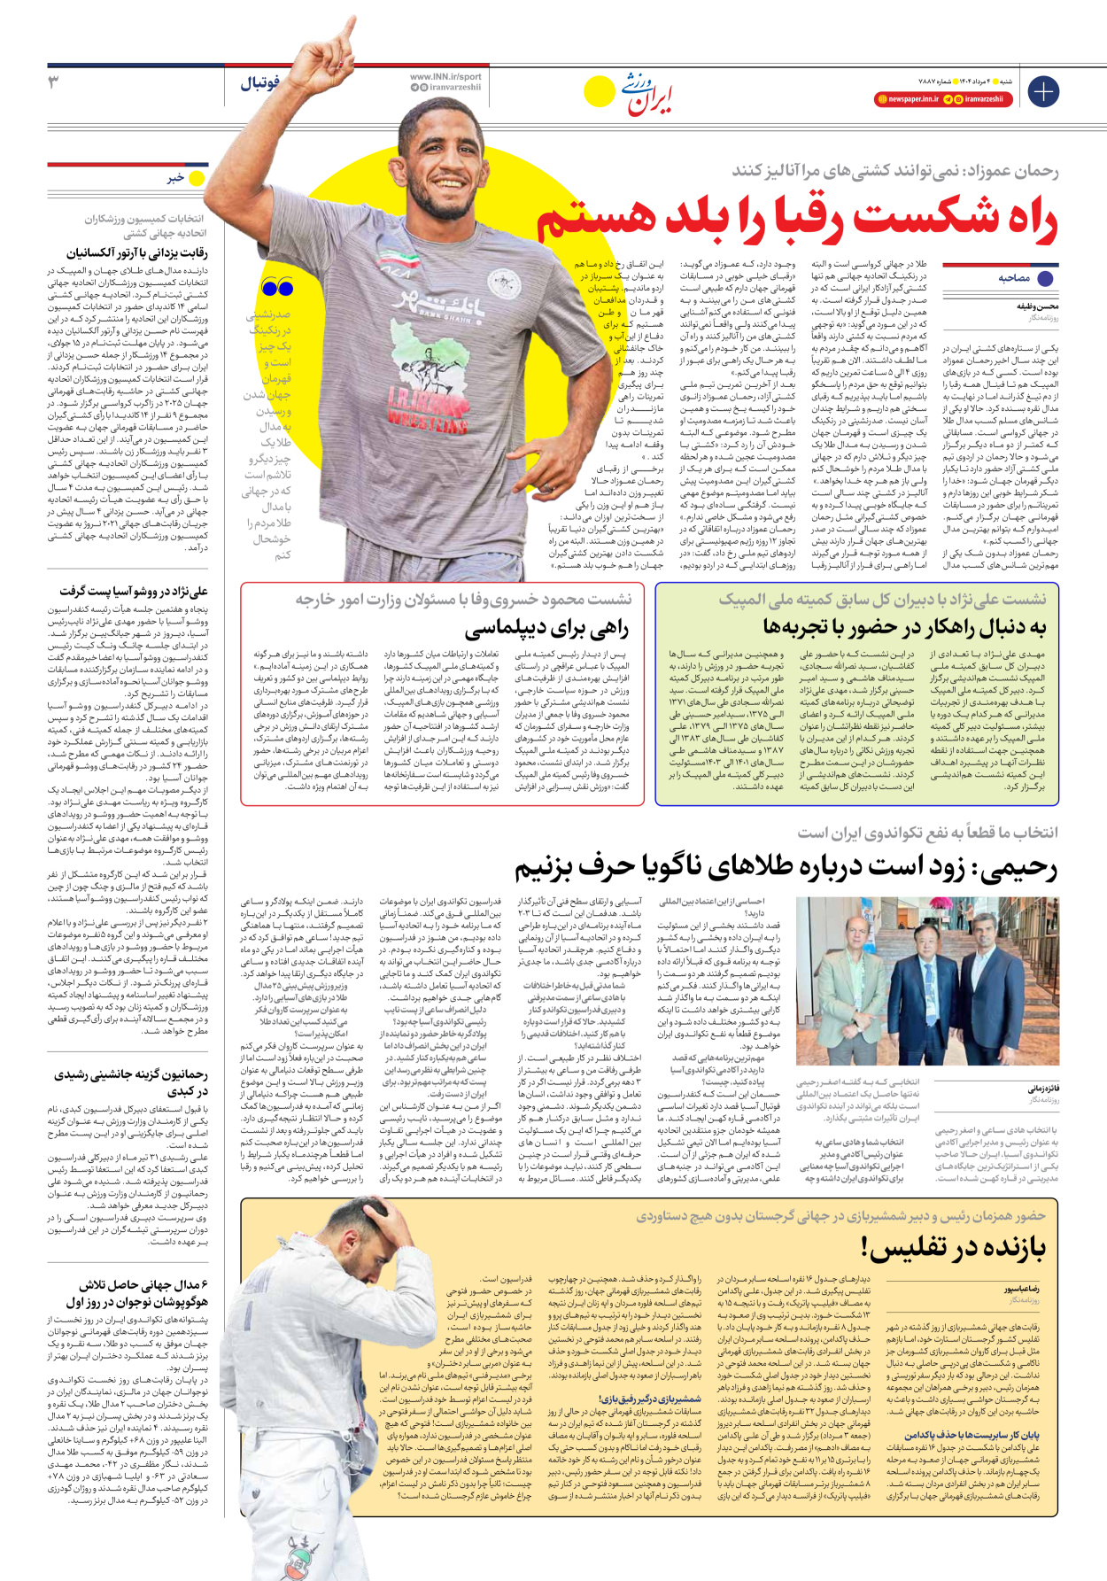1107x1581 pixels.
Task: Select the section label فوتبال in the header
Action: [259, 83]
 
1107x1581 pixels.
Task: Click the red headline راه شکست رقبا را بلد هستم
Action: [797, 220]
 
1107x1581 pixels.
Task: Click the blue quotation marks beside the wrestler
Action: [277, 287]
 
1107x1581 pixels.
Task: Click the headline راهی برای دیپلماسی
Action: [546, 628]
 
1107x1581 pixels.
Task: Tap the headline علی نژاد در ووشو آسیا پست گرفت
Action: [134, 591]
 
